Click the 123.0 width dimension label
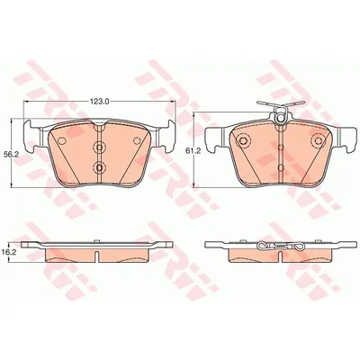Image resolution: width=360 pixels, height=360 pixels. pos(99,102)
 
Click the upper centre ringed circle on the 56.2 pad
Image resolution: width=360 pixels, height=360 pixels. pos(99,148)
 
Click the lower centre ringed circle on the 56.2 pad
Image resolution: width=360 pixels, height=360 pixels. pos(99,166)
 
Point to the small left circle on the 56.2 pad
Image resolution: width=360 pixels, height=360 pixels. pos(61,140)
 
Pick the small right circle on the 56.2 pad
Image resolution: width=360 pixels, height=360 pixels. pos(137,140)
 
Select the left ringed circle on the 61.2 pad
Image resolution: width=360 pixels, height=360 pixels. pos(242,140)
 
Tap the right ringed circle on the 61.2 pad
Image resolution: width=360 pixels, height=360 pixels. pos(318,140)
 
